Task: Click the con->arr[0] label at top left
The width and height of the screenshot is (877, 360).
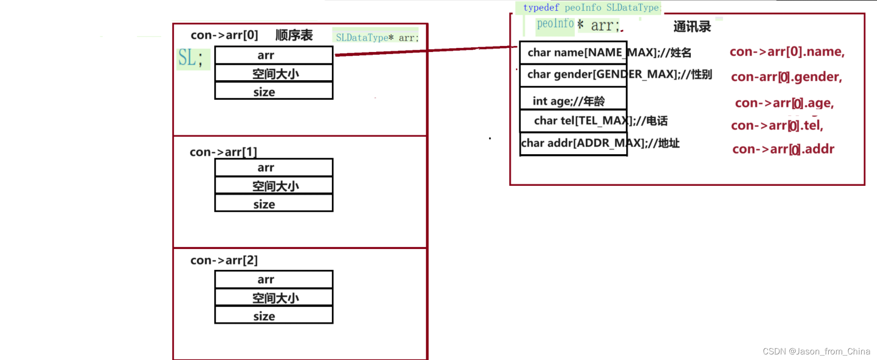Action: click(x=224, y=35)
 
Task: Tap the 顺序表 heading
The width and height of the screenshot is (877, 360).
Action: click(x=294, y=35)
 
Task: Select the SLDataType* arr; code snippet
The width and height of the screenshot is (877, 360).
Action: click(x=377, y=38)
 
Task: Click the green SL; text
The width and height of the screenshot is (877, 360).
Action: click(x=191, y=59)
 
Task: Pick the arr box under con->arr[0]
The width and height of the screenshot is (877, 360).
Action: click(x=273, y=55)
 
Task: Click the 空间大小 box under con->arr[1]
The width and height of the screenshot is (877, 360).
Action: click(x=273, y=186)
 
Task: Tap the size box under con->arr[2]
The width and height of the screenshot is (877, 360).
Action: click(x=273, y=316)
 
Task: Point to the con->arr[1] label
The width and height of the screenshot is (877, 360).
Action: click(x=223, y=152)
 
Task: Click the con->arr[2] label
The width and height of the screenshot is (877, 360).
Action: click(x=224, y=260)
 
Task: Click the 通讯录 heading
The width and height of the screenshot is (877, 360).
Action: click(x=692, y=27)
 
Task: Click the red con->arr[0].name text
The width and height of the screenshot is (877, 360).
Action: click(x=786, y=52)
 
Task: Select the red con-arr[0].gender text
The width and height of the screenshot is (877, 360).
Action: click(x=786, y=77)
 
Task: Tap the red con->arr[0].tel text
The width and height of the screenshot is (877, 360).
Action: click(x=777, y=125)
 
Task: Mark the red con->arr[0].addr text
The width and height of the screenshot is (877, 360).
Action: click(x=783, y=149)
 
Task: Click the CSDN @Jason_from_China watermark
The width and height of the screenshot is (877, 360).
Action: click(x=816, y=352)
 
